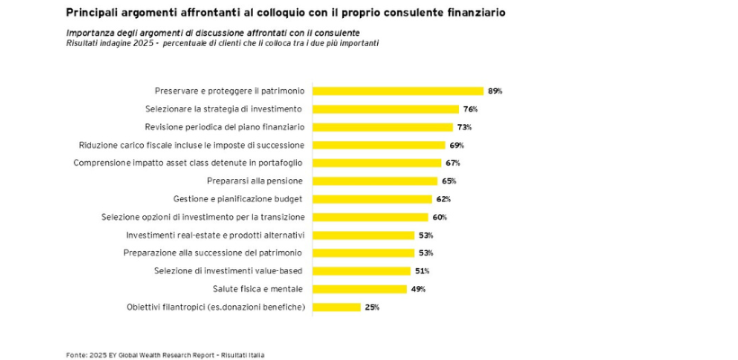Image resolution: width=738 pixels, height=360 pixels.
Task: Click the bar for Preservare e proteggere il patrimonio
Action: click(398, 91)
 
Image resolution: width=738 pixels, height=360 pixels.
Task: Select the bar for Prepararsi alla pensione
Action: click(374, 181)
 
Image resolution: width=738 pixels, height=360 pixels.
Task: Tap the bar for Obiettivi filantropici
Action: click(336, 307)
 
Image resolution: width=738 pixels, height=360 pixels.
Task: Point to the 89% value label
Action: click(494, 91)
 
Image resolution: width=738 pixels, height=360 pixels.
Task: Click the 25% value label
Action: click(372, 307)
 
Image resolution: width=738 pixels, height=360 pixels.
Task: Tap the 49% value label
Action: click(418, 289)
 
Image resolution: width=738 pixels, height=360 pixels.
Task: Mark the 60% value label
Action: click(439, 217)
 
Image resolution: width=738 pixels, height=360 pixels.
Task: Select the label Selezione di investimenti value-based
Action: click(229, 271)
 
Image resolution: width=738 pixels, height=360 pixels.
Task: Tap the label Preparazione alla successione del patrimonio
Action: click(213, 253)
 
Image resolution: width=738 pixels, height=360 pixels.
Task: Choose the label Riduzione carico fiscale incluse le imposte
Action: click(192, 145)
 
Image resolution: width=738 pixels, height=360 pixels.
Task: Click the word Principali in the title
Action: click(94, 13)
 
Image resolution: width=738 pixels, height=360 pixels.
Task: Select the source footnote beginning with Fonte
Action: click(165, 355)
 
